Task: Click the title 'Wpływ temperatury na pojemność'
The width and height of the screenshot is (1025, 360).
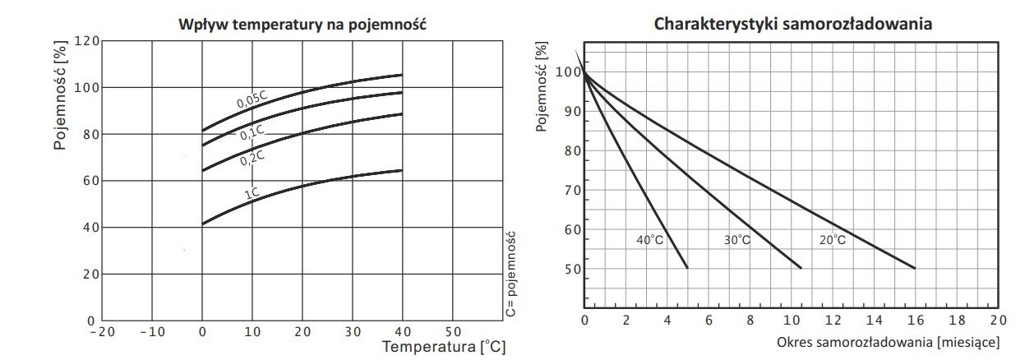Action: pyautogui.click(x=301, y=25)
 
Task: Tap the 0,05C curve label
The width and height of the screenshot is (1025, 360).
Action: pyautogui.click(x=252, y=100)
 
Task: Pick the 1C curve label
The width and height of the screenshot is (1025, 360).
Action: pyautogui.click(x=252, y=194)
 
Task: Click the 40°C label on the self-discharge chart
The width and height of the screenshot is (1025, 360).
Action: pyautogui.click(x=650, y=240)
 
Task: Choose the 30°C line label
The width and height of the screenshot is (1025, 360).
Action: pyautogui.click(x=736, y=240)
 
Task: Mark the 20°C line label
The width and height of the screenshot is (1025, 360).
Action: pyautogui.click(x=831, y=240)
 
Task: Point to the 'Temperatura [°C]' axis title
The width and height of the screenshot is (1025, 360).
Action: pyautogui.click(x=444, y=348)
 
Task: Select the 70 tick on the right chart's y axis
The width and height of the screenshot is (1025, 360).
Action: pyautogui.click(x=570, y=192)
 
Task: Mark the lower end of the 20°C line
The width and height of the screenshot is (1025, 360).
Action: pyautogui.click(x=915, y=268)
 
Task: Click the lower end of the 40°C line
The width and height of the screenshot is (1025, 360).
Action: pyautogui.click(x=687, y=268)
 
